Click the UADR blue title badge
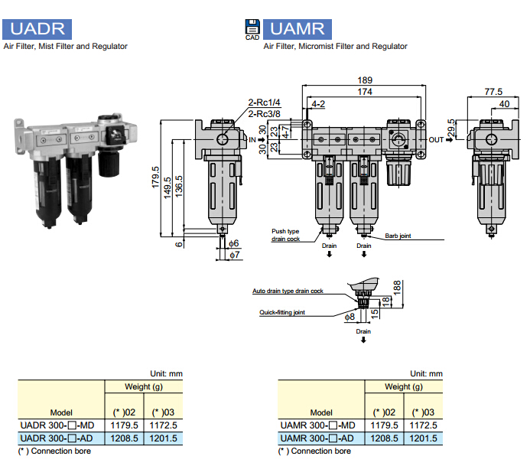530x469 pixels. [x=37, y=30]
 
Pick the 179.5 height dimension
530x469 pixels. [x=156, y=178]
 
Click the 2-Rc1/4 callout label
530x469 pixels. [x=264, y=103]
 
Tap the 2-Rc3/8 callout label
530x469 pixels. [x=264, y=115]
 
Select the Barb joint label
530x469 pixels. [x=398, y=236]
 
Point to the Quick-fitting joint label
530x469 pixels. [x=282, y=313]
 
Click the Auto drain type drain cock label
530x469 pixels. [x=288, y=291]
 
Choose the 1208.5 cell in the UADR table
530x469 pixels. [x=125, y=438]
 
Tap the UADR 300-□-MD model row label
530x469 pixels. [x=57, y=425]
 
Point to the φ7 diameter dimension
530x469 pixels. [x=235, y=254]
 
